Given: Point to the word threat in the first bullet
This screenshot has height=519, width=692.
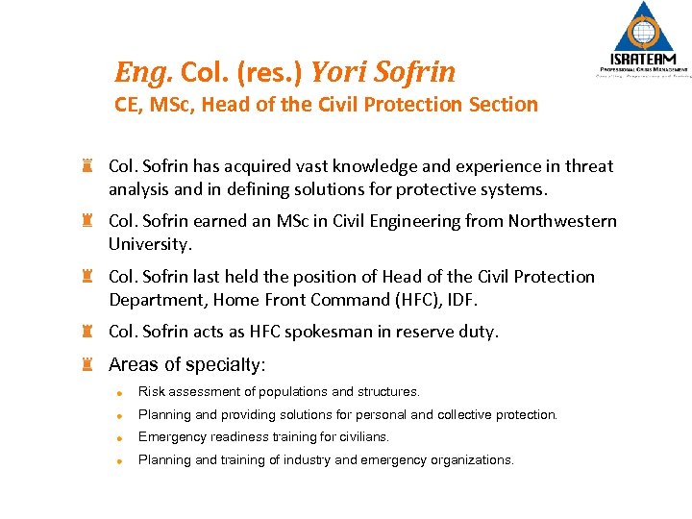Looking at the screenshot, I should (588, 166).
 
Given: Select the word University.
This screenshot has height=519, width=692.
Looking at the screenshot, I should (150, 244).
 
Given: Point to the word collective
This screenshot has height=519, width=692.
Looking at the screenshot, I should (450, 415).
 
